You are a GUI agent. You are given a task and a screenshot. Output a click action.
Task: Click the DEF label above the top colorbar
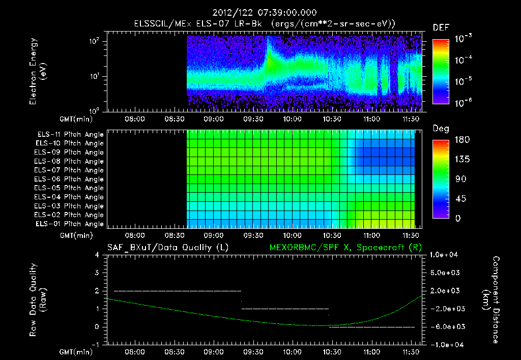click(441, 27)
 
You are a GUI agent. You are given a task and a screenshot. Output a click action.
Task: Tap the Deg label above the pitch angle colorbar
click(441, 129)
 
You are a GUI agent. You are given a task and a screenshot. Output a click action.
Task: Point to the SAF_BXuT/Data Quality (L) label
click(167, 247)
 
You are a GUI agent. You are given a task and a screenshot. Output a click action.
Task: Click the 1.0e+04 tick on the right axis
click(445, 255)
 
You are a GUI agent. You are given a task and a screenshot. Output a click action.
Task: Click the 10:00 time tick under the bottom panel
click(291, 352)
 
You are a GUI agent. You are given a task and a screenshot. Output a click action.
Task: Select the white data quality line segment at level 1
click(285, 309)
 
